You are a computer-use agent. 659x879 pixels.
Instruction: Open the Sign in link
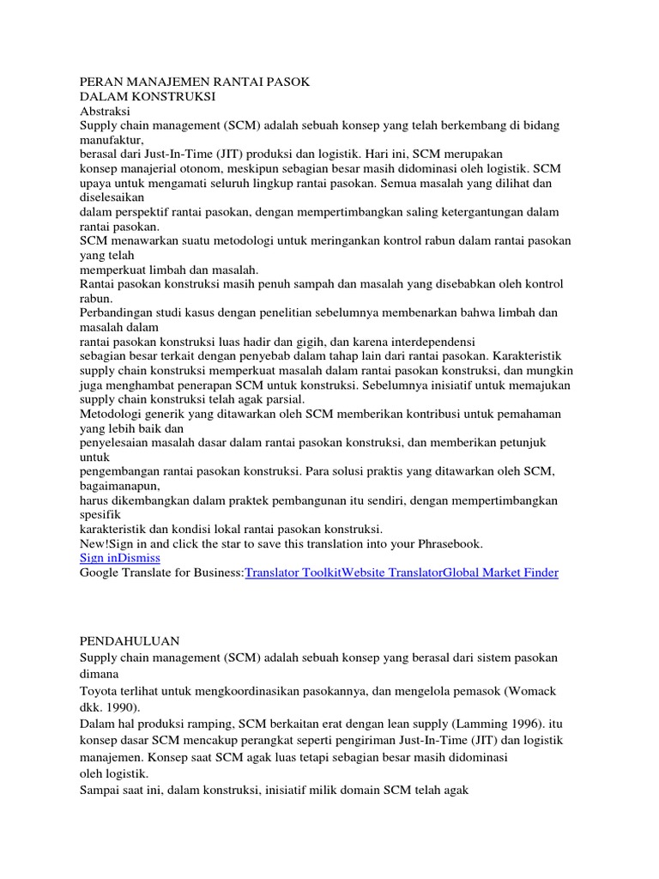tap(98, 558)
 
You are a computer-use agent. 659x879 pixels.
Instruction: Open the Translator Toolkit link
tap(293, 573)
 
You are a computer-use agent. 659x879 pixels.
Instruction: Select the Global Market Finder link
tap(500, 573)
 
